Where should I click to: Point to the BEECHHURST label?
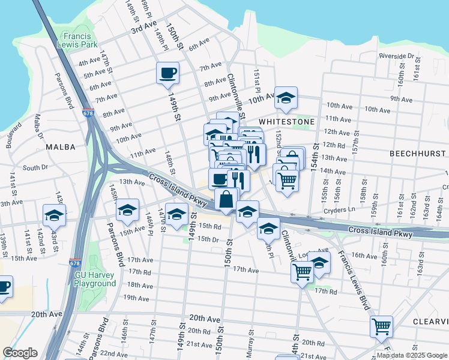[x=416, y=154]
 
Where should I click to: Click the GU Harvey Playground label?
[x=95, y=279]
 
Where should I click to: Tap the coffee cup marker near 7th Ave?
[x=167, y=74]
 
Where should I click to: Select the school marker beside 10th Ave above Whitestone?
[x=286, y=98]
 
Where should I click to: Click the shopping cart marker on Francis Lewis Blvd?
[x=381, y=327]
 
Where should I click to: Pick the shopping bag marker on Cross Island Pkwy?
[x=226, y=199]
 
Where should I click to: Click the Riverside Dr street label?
[x=397, y=56]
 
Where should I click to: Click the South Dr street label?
[x=35, y=168]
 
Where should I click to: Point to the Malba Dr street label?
[x=37, y=126]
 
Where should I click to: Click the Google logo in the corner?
[x=20, y=353]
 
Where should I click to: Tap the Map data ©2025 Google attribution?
[x=411, y=355]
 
